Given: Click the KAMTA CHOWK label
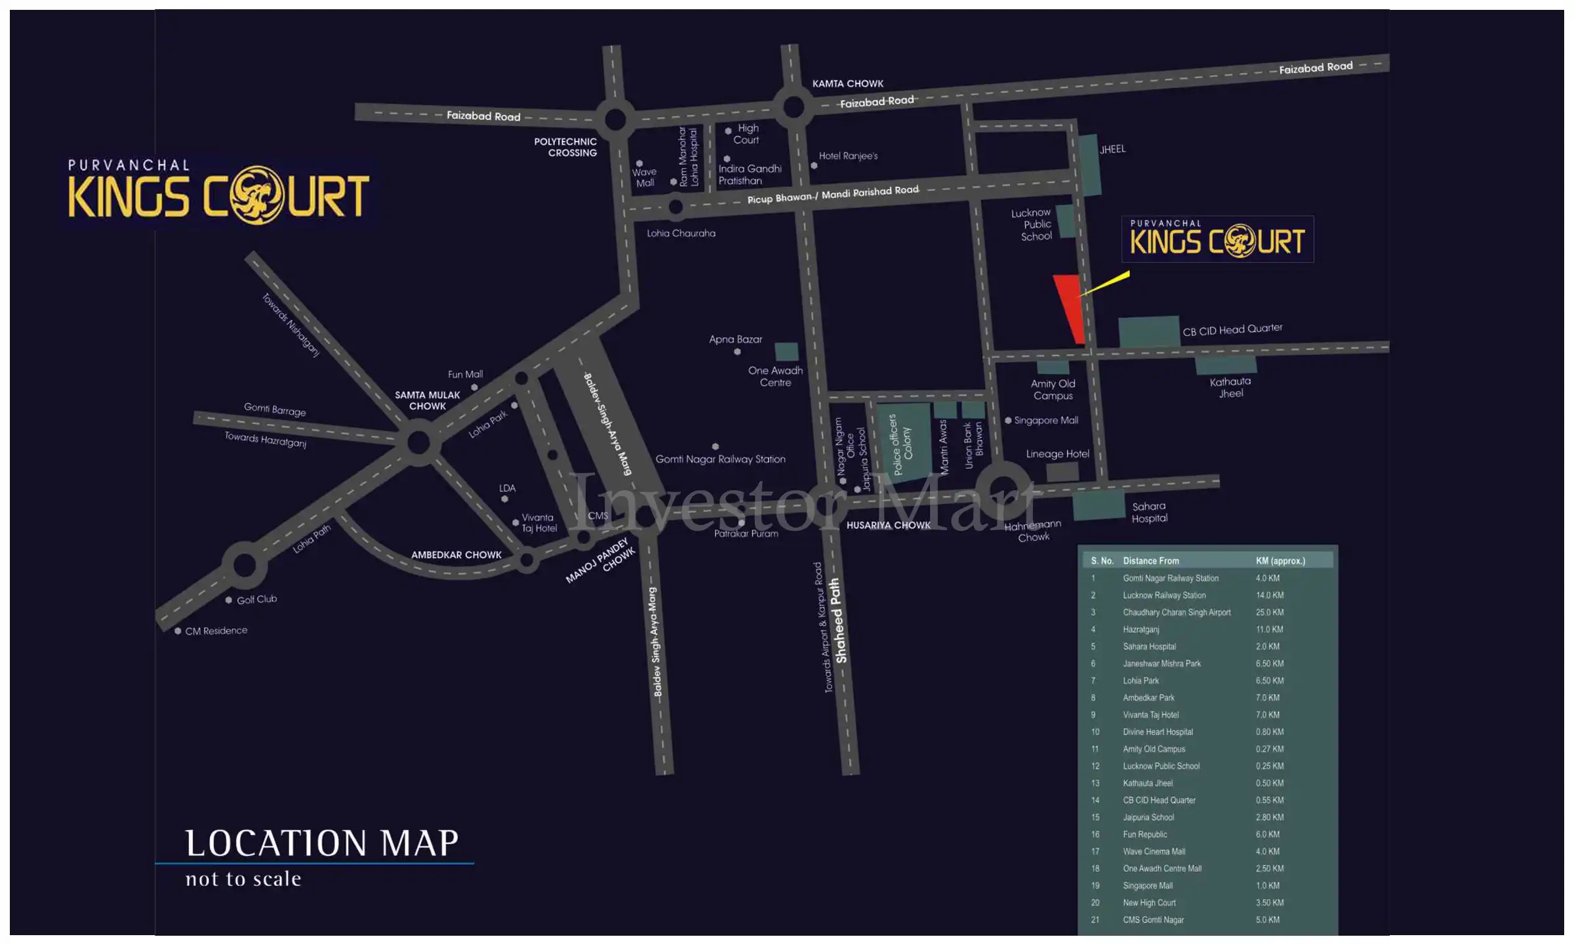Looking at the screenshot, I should (x=847, y=83).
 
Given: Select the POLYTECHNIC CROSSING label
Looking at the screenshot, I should (x=565, y=147).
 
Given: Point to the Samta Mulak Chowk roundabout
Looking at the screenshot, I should (x=418, y=442).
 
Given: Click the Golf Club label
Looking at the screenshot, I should (x=256, y=599).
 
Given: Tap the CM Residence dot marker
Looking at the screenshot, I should (x=178, y=631).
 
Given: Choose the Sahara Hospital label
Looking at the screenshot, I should (x=1149, y=512).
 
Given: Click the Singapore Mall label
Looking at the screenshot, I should (x=1045, y=420).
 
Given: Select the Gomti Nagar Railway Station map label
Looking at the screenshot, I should (x=720, y=459).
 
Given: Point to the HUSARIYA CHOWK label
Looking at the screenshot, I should (x=888, y=525).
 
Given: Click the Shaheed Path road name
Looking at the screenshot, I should (x=837, y=620).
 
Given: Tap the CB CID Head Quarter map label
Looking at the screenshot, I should (x=1232, y=329).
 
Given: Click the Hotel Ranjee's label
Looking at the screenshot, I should (x=847, y=156).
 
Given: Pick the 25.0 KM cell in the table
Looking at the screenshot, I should (x=1270, y=612).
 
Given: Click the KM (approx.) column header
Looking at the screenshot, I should (x=1280, y=560).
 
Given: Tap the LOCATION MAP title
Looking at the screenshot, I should (x=321, y=843).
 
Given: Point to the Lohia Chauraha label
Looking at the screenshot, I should (x=681, y=233).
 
